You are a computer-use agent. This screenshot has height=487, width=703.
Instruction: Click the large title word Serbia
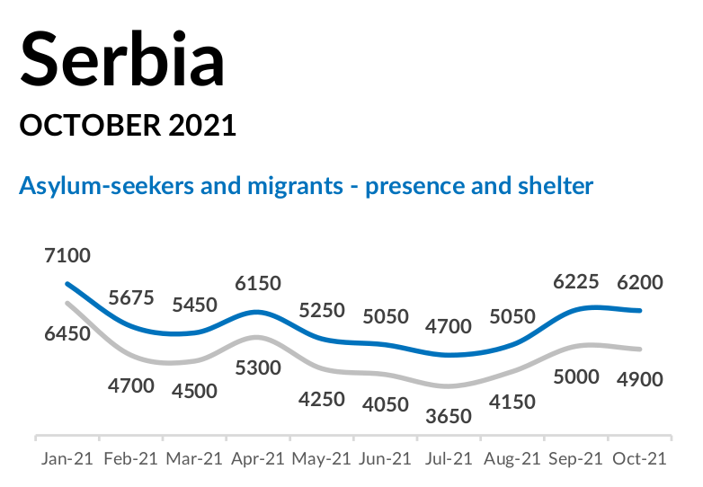pos(122,59)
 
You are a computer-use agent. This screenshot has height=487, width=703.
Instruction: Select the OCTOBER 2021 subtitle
pos(128,125)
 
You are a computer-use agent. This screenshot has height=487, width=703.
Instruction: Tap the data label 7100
pos(67,255)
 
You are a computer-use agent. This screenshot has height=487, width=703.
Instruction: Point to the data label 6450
pos(67,333)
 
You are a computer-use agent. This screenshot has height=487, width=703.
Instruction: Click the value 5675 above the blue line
pos(130,297)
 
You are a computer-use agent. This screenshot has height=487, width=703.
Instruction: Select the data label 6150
pos(257,282)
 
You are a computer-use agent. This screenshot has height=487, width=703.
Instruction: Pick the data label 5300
pos(257,367)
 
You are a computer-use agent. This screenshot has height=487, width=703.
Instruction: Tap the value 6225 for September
pos(576,282)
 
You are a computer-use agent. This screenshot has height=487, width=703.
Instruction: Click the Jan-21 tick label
pos(67,458)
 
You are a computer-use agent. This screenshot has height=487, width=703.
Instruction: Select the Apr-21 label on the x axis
pos(257,458)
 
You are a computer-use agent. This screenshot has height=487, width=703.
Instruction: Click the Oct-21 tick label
pos(639,458)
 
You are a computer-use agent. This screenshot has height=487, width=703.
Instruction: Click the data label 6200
pos(639,282)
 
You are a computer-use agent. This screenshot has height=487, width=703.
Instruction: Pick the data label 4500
pos(193,391)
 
